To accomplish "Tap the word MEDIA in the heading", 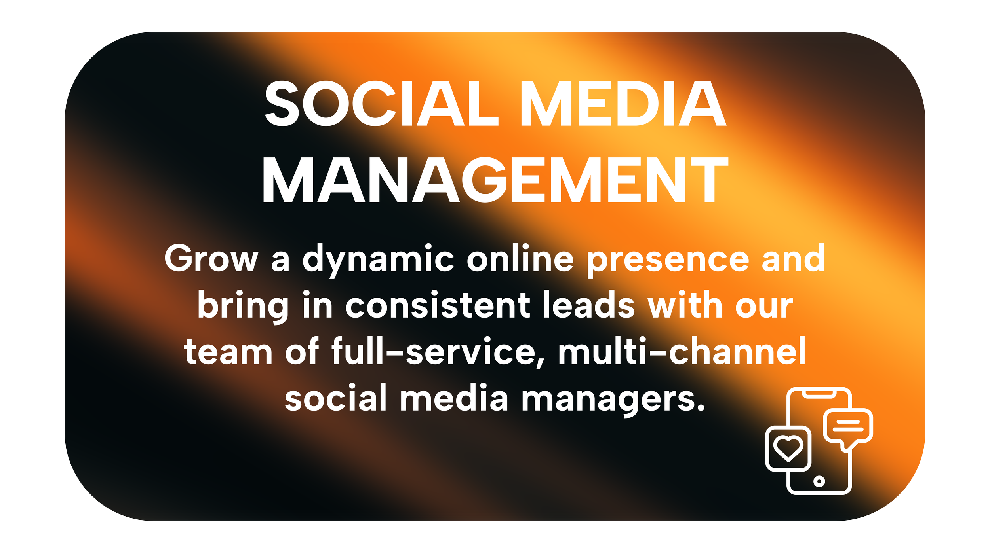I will (623, 104).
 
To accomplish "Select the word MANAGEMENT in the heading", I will (495, 180).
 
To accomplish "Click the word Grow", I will (211, 259).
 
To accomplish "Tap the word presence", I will (668, 261).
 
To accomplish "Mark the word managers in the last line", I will (613, 400).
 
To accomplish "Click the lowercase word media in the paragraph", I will (454, 397).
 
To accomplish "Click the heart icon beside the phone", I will (788, 448).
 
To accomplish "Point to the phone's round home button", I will (819, 481).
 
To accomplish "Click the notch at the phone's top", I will (819, 393).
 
